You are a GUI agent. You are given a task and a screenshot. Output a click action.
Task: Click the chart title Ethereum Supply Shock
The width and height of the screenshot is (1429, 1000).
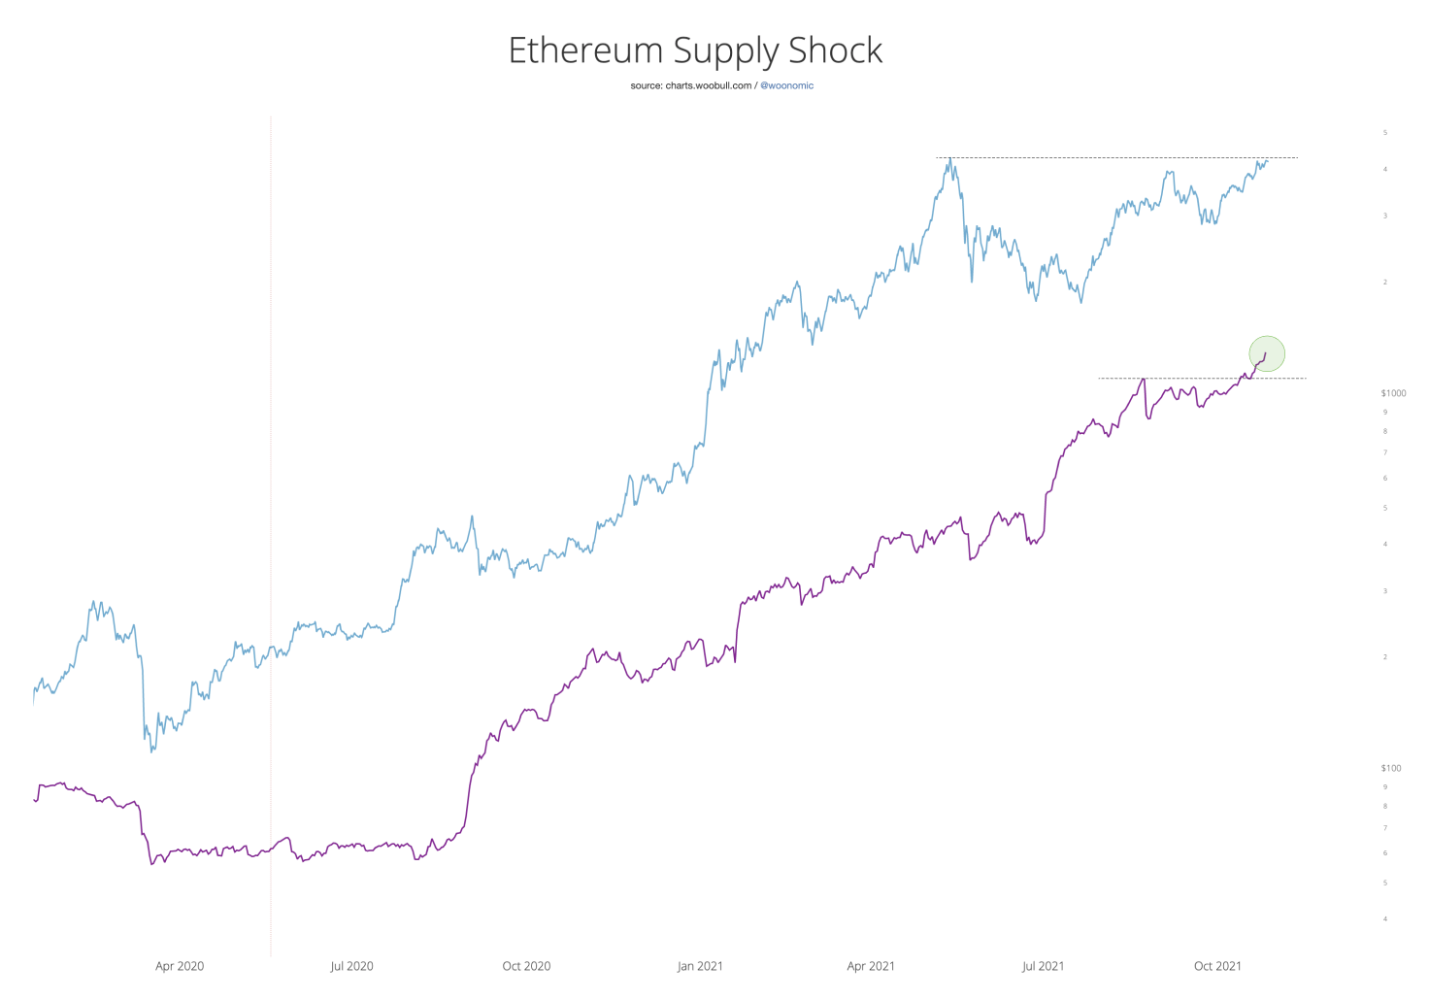point(695,50)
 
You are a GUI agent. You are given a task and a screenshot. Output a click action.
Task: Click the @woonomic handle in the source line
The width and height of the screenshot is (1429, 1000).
point(786,85)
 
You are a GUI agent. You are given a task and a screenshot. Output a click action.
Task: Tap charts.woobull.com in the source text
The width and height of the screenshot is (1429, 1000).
point(708,85)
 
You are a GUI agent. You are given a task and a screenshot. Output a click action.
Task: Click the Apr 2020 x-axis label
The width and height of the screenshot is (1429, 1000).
point(180,966)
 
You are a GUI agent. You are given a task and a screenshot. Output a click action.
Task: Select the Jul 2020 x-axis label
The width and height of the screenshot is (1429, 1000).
point(351,966)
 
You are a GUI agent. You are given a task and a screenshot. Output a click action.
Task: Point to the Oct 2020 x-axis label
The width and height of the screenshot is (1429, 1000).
point(526,966)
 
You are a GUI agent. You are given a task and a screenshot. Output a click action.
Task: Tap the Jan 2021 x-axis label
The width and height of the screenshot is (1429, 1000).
point(700,966)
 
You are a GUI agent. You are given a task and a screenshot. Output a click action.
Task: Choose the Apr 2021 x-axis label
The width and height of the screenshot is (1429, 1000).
point(871,966)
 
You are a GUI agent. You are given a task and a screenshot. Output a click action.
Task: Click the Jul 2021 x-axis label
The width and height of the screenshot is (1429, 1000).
point(1043,966)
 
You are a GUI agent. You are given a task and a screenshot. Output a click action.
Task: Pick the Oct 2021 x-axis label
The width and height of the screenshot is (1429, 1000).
point(1217,966)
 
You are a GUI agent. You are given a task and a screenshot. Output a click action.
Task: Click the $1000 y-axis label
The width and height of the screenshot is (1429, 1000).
point(1393,393)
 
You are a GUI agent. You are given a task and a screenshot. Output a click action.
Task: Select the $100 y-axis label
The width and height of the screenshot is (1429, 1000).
point(1391,768)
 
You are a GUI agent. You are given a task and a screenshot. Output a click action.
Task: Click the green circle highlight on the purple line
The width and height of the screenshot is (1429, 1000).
point(1267,353)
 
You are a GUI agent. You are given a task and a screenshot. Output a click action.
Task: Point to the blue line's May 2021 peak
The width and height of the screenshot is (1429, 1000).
point(950,159)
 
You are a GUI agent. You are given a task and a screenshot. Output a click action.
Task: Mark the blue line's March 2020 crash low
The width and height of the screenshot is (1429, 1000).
point(152,750)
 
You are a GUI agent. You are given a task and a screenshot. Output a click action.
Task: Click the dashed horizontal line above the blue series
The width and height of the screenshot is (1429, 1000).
point(1116,157)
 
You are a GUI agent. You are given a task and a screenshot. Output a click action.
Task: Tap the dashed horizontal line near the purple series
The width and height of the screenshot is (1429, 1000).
point(1204,378)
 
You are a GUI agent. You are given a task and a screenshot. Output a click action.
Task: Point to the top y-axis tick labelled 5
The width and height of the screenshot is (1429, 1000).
point(1385,132)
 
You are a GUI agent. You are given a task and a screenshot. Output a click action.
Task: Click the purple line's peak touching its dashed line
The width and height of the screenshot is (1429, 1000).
point(1145,379)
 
